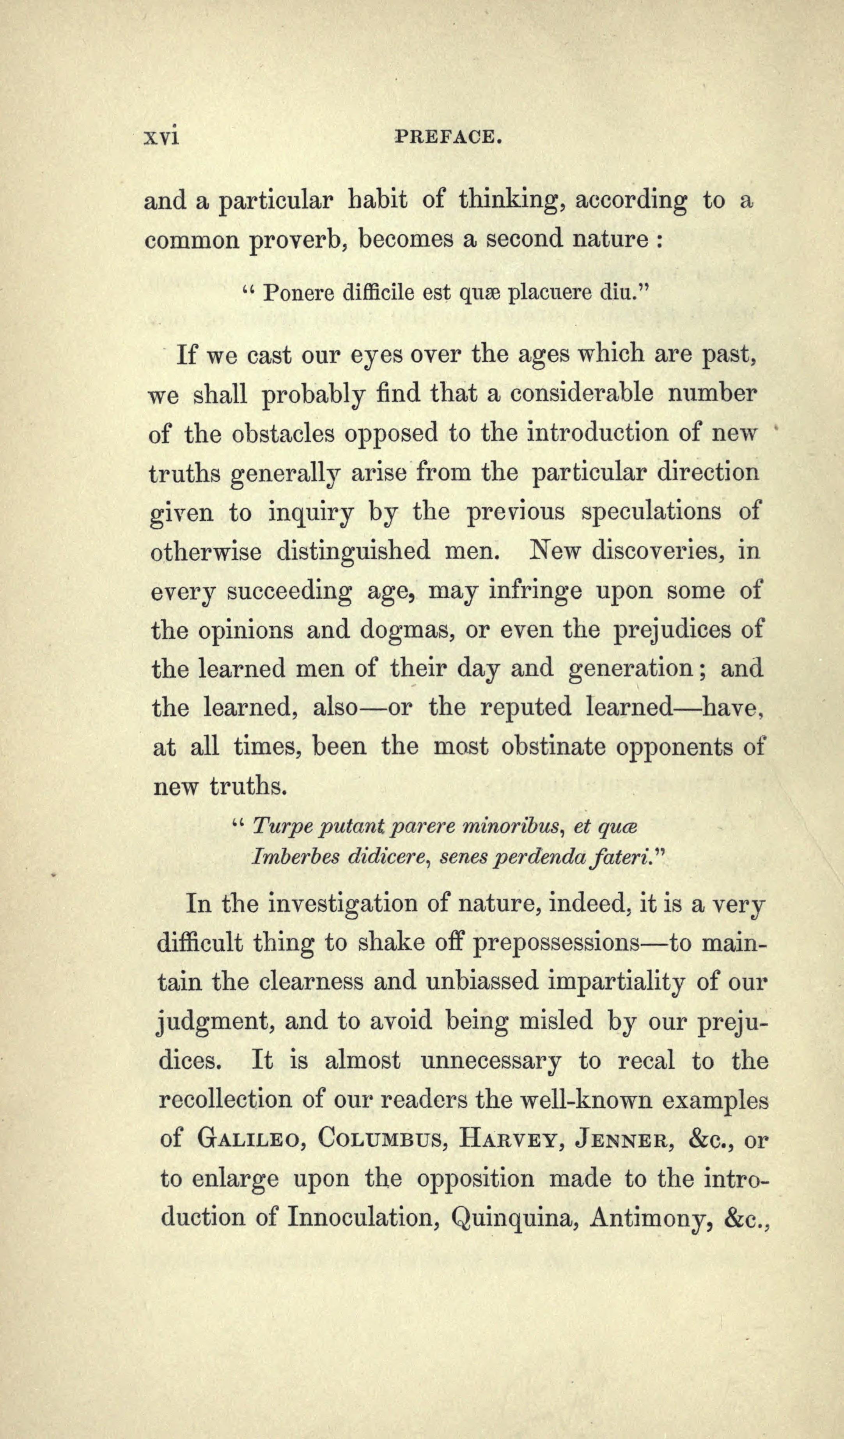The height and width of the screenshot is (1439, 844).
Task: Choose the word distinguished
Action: point(353,552)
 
